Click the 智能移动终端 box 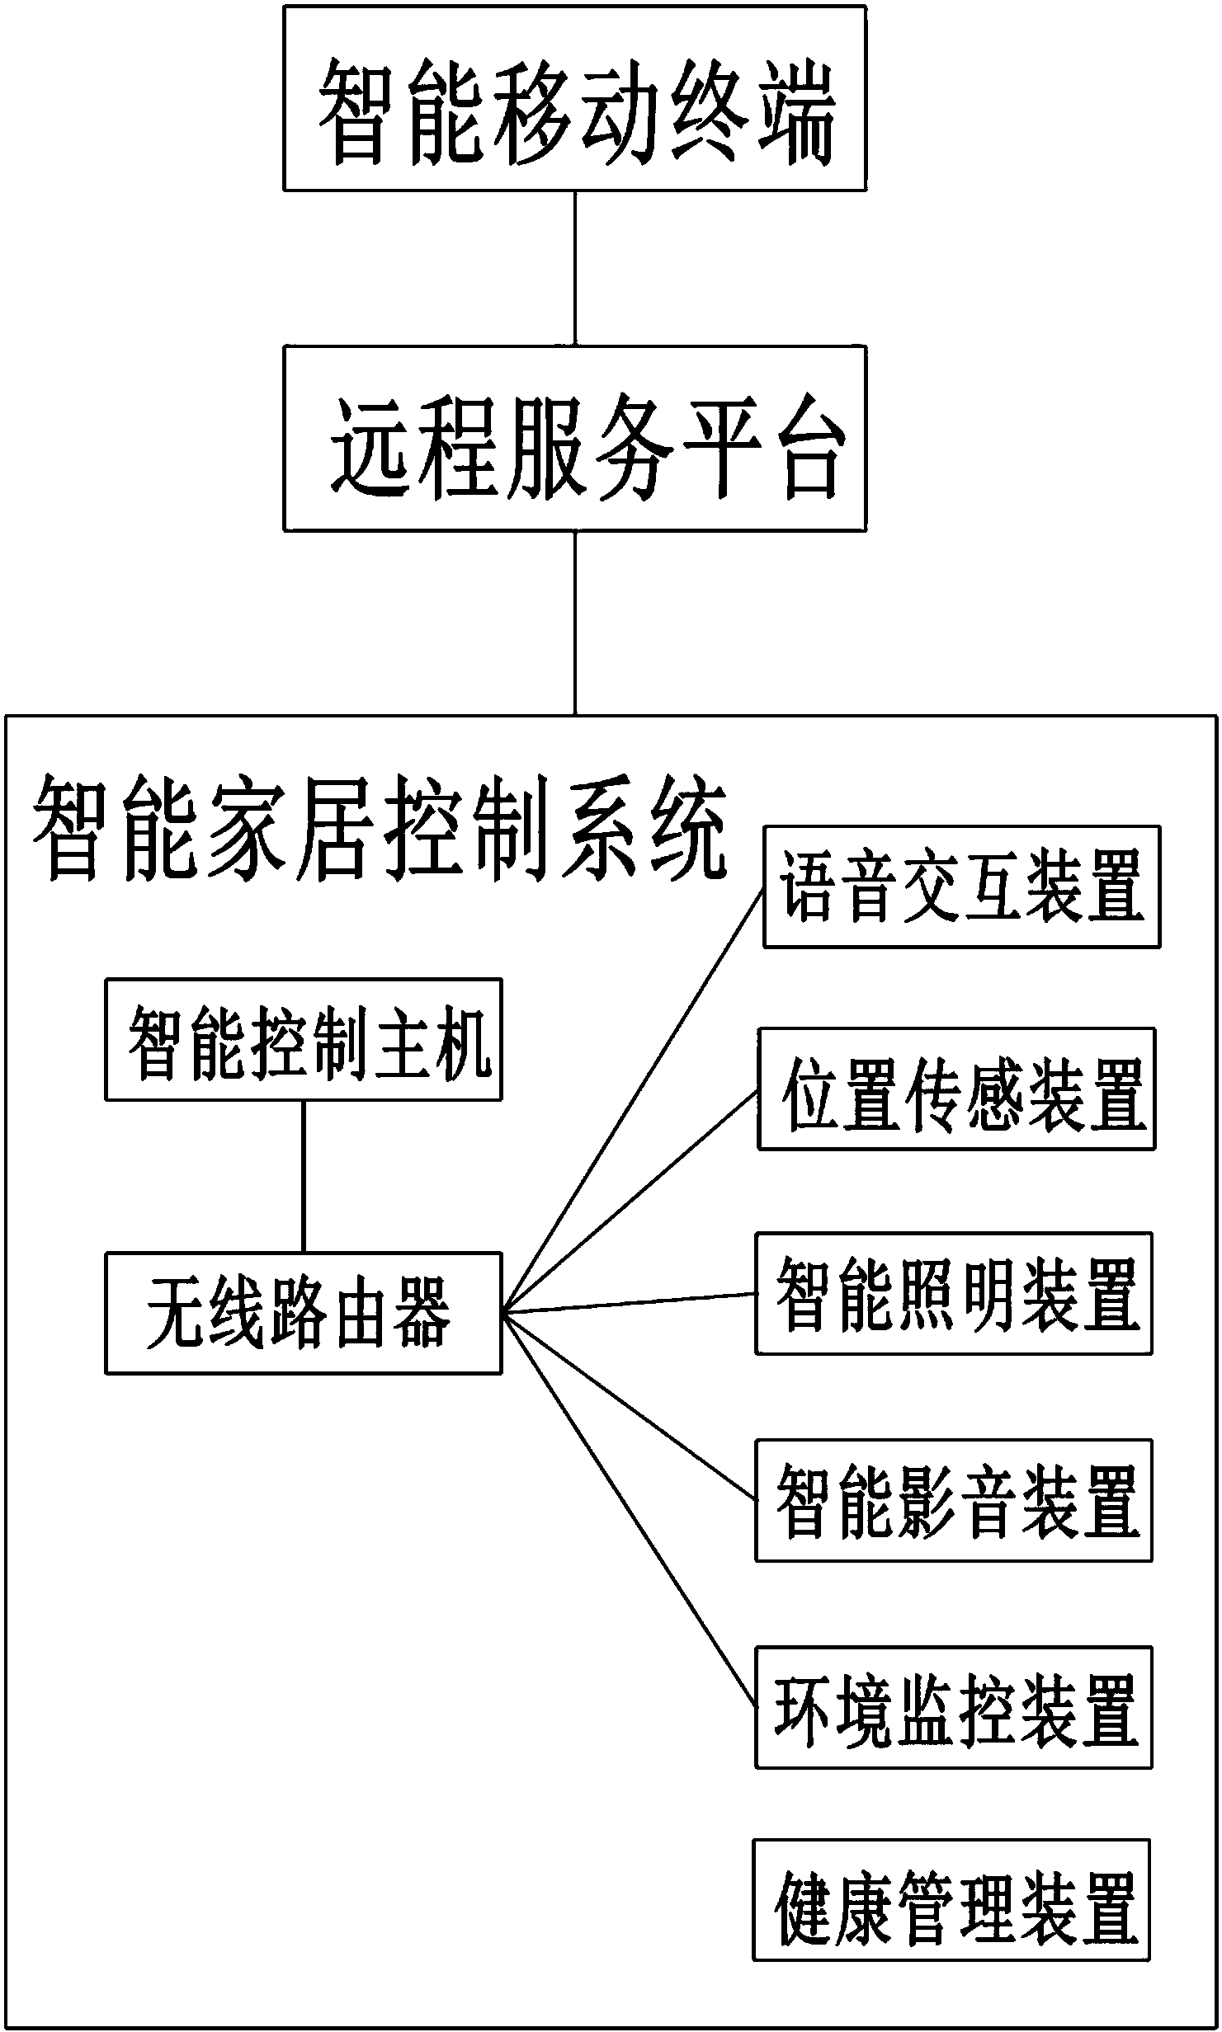(575, 99)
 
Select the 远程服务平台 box (575, 438)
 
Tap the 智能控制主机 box (303, 1039)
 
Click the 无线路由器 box (303, 1313)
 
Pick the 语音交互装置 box (961, 887)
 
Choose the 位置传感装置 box (956, 1089)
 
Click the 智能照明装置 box (954, 1293)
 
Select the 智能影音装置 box (954, 1500)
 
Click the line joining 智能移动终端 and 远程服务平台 (575, 268)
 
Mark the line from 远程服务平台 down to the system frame (575, 623)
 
